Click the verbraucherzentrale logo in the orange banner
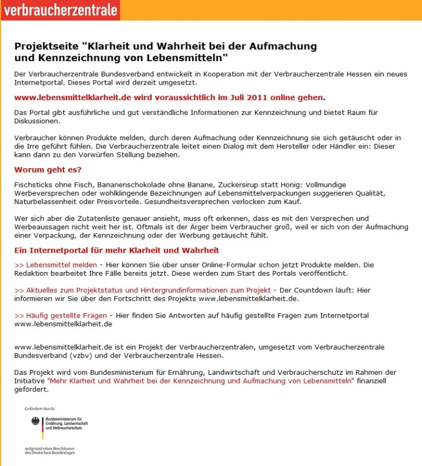click(x=60, y=10)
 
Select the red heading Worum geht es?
click(x=48, y=170)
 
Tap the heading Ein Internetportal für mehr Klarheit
click(x=116, y=251)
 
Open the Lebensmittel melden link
click(x=55, y=265)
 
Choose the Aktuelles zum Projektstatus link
click(x=142, y=290)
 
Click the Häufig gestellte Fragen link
click(x=62, y=315)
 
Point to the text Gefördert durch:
click(x=40, y=409)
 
